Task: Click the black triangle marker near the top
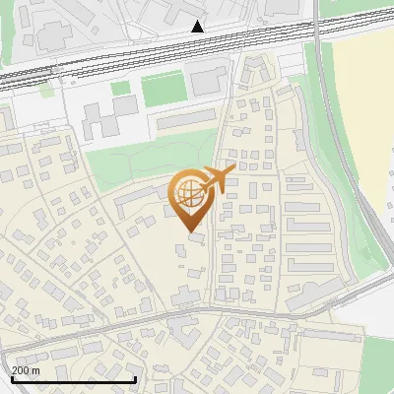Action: pos(198,26)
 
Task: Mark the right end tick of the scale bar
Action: pos(135,377)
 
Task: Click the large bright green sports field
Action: pos(163,90)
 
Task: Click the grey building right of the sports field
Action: pos(208,82)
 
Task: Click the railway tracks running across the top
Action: pos(148,55)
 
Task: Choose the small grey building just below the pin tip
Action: pos(189,246)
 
